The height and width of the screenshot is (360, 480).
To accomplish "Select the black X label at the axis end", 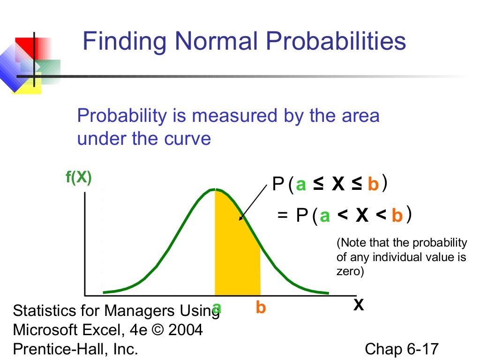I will pos(358,306).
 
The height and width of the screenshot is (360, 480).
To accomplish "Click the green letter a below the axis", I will pos(216,307).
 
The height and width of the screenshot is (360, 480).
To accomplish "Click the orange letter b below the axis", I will pos(261,308).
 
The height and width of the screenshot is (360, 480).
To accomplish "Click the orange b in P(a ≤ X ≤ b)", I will pos(373,185).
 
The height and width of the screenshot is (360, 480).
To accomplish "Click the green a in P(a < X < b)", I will pos(325,216).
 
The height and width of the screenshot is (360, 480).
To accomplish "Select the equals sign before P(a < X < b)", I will pos(282,216).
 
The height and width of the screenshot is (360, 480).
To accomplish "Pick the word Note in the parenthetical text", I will pos(352,243).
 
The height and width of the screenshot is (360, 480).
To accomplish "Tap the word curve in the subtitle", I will pos(188,139).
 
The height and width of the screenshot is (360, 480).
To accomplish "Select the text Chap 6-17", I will pos(401,349).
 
